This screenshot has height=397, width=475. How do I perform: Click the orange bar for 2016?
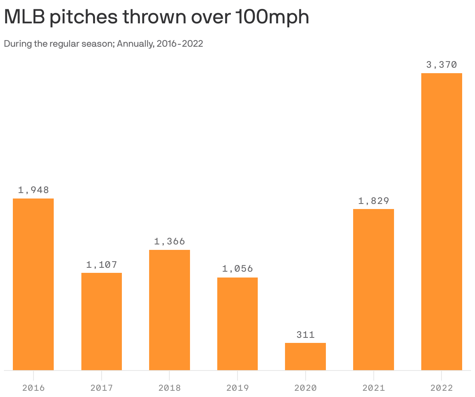point(33,284)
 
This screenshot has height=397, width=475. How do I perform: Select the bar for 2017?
point(101,321)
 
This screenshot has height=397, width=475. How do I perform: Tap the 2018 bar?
point(169,310)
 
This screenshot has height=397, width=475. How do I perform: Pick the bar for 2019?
point(237,323)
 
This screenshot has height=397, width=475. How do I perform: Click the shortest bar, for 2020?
point(305,356)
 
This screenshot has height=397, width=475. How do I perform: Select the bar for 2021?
point(373,289)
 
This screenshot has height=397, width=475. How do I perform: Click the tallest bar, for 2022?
point(442,221)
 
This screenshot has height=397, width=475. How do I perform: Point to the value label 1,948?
point(33,190)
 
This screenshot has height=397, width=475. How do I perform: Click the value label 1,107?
point(102,265)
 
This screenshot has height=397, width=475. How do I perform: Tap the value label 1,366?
point(169,241)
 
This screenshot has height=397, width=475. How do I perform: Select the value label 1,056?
point(237,269)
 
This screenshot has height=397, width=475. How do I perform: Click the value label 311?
point(306,335)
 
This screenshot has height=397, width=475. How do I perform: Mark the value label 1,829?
point(374,201)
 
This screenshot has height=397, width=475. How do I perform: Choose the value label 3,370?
point(442,65)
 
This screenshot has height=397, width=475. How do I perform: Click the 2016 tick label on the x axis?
point(33,388)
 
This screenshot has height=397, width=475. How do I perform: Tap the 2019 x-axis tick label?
point(237,388)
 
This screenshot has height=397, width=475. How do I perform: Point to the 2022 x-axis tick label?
point(442,388)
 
